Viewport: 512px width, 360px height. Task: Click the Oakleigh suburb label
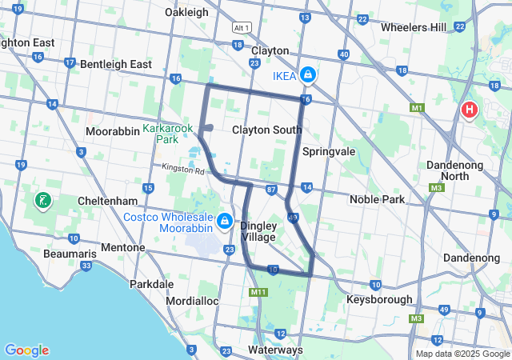[x=186, y=12]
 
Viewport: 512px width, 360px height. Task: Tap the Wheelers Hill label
[x=414, y=27]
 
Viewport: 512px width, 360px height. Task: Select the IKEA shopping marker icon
[x=306, y=75]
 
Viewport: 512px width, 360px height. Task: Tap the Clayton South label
[x=267, y=130]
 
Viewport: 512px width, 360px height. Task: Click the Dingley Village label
[x=258, y=231]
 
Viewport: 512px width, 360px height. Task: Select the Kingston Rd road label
[x=183, y=170]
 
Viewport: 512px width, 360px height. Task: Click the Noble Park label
[x=377, y=199]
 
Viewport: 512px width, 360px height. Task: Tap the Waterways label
[x=275, y=350]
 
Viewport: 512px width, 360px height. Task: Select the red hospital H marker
[x=470, y=110]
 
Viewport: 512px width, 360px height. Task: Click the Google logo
[x=26, y=350]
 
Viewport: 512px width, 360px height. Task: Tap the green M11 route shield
[x=258, y=292]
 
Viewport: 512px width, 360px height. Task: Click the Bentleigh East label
[x=116, y=63]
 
